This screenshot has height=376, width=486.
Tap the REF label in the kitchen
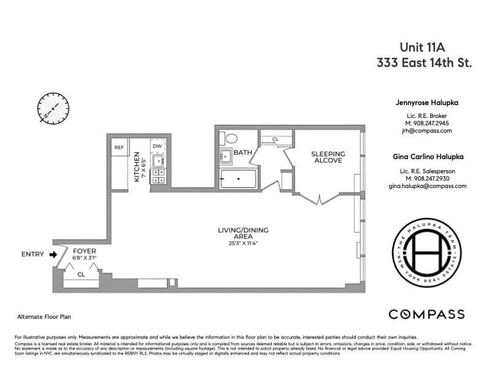(120, 147)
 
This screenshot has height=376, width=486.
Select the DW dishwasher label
(157, 146)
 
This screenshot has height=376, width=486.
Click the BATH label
(243, 152)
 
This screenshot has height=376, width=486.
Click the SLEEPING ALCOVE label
(328, 157)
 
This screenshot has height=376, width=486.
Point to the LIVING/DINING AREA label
(243, 233)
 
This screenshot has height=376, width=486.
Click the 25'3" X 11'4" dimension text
(243, 243)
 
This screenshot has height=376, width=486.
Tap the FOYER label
(84, 251)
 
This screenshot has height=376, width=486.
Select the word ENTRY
(33, 254)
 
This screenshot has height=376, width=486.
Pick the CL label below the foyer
(81, 275)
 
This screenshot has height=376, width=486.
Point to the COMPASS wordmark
(426, 315)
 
